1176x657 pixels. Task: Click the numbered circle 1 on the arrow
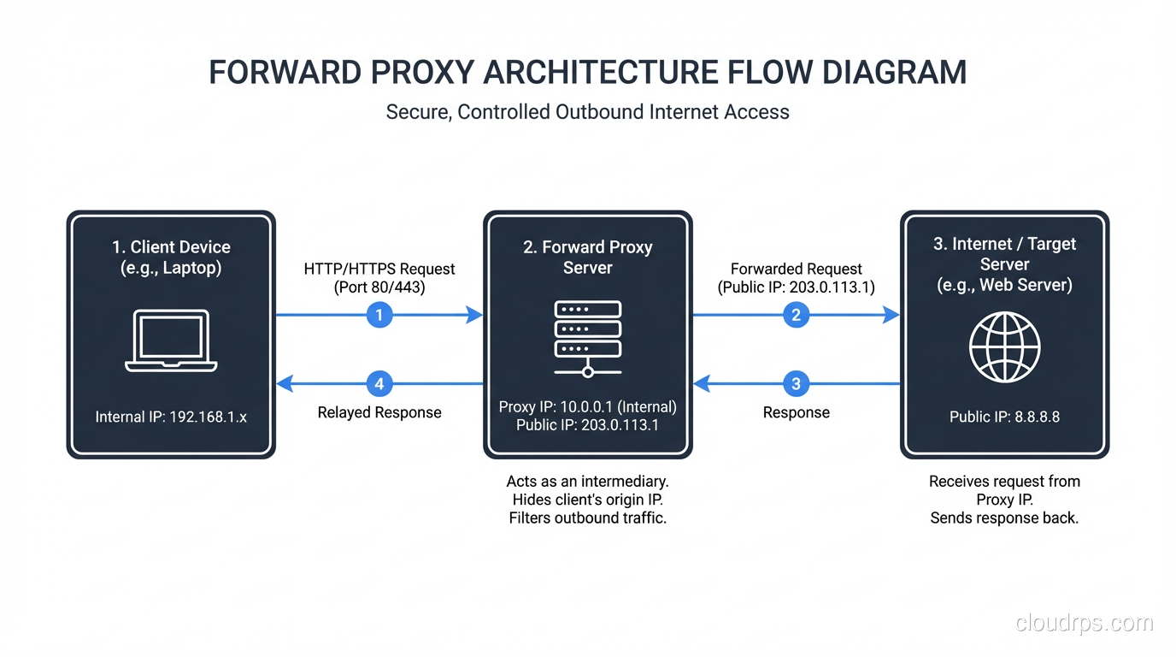point(379,315)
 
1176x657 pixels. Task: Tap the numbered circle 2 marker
point(796,315)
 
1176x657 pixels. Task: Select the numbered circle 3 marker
point(796,384)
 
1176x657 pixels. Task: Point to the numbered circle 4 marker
point(379,384)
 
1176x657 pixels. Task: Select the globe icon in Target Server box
point(1004,347)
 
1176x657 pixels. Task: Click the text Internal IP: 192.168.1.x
point(171,417)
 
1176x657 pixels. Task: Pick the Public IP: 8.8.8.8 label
point(1004,417)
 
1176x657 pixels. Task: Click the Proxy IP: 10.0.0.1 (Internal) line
point(587,407)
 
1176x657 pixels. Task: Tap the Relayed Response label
point(379,412)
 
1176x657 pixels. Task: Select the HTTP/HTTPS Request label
point(379,269)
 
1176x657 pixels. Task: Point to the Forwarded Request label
point(796,269)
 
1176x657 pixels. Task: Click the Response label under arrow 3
point(796,412)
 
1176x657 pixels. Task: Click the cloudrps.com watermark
point(1084,623)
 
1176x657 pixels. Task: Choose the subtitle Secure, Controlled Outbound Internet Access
point(587,112)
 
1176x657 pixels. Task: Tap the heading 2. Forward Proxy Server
point(587,257)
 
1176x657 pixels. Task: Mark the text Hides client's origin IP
point(587,500)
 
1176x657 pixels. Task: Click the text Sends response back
point(1004,518)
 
